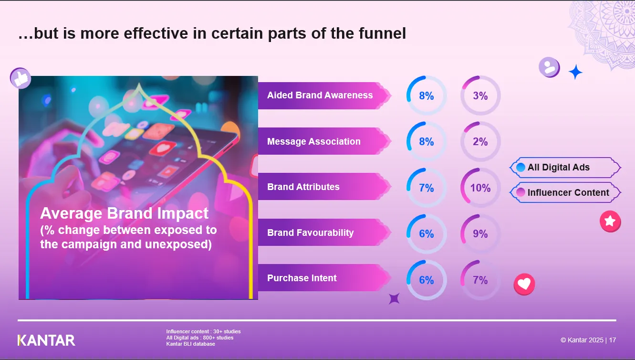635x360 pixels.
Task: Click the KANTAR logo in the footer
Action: click(46, 340)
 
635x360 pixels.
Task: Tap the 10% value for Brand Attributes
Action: click(480, 188)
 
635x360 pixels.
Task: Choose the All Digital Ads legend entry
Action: click(565, 168)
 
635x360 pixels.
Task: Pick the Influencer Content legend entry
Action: click(565, 192)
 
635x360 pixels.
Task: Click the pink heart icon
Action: click(524, 284)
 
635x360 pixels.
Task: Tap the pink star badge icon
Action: click(610, 221)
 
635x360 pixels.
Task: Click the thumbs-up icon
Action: click(21, 78)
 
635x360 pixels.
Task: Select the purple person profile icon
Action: click(549, 67)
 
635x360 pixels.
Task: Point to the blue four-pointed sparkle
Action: click(575, 72)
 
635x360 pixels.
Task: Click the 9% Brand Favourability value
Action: click(480, 234)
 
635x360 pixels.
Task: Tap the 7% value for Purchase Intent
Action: click(480, 280)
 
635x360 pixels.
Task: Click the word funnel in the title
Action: click(382, 33)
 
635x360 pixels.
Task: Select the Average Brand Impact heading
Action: click(124, 213)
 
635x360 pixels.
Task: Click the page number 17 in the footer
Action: click(612, 340)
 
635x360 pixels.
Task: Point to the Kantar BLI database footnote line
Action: click(190, 344)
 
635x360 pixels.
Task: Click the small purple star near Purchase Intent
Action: click(394, 299)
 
